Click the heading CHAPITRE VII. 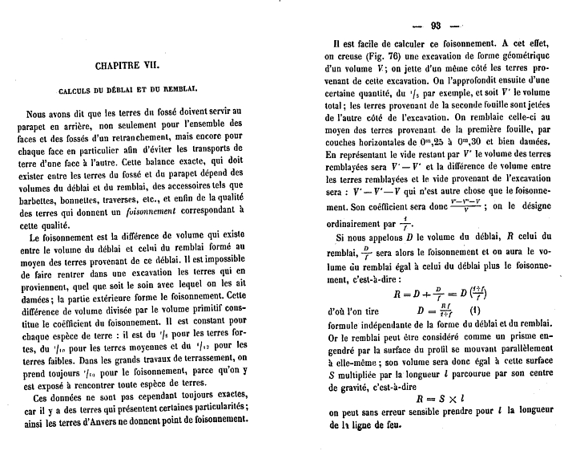pos(139,65)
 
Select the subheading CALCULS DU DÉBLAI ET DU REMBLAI pos(139,91)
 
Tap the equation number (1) pos(474,310)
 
